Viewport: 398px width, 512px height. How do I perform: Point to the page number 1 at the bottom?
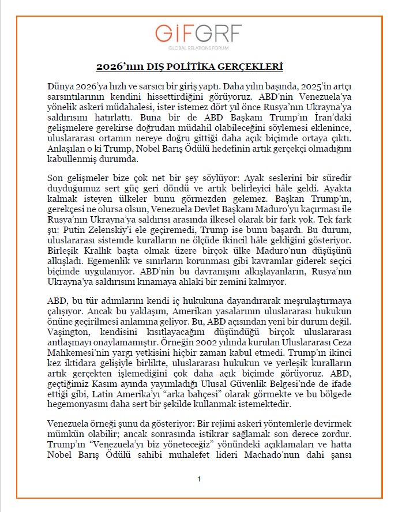point(198,479)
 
